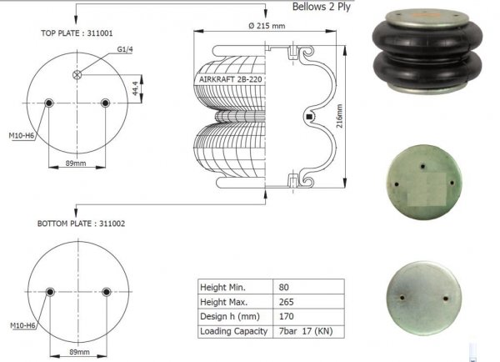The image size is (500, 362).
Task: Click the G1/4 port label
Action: [125, 49]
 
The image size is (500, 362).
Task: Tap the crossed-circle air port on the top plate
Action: [77, 75]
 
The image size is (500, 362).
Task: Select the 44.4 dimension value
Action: [135, 88]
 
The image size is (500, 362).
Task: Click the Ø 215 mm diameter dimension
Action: [267, 26]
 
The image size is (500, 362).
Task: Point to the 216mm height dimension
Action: [340, 116]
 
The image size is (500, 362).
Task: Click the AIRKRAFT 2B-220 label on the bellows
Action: [231, 79]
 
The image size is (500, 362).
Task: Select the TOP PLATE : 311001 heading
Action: [77, 33]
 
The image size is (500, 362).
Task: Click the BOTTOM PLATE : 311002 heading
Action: [81, 224]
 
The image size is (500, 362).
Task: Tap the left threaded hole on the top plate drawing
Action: [49, 103]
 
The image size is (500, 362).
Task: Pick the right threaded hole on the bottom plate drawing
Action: [106, 292]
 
